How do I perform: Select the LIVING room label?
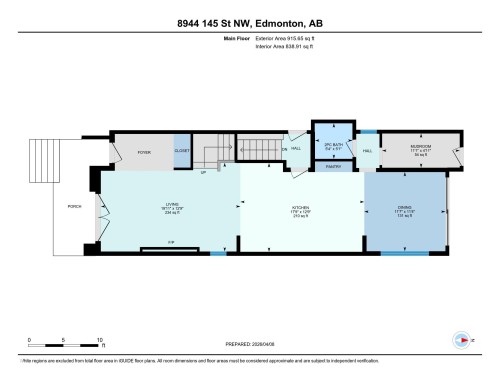click(172, 208)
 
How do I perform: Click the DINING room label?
click(401, 211)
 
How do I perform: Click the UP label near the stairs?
click(203, 172)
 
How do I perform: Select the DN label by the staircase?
click(285, 150)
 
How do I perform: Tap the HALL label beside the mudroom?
click(367, 151)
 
